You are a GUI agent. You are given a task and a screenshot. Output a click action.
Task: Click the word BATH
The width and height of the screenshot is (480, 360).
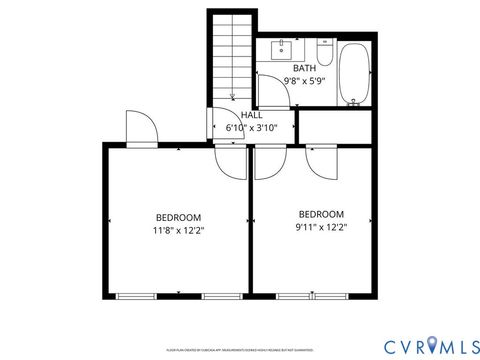tap(304, 68)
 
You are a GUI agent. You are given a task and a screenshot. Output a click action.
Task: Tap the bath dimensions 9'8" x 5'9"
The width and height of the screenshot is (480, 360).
tap(304, 81)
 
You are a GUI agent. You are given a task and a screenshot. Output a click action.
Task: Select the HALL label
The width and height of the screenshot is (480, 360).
tap(251, 115)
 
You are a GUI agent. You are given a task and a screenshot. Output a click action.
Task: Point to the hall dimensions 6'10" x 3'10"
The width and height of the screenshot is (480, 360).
tap(250, 128)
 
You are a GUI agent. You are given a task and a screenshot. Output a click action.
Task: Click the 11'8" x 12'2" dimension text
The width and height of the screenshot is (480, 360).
tap(178, 231)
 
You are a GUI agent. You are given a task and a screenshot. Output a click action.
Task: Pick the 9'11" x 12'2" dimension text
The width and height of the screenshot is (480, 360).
tap(322, 228)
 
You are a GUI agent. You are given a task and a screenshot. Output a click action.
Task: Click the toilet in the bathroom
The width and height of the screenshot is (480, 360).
tap(325, 51)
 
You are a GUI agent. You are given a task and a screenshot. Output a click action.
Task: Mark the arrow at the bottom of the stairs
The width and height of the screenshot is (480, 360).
tap(231, 96)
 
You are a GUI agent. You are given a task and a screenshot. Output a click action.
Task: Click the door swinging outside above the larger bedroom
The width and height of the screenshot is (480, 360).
tap(139, 127)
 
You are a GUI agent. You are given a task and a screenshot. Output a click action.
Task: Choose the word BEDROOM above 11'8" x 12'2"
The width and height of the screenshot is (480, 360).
tap(178, 217)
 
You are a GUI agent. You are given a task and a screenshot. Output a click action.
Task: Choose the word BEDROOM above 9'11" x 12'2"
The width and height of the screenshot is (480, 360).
tap(322, 214)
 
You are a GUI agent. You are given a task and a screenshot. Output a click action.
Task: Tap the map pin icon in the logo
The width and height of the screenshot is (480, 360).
tap(432, 345)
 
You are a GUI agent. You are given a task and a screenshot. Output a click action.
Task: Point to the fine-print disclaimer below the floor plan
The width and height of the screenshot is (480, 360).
tap(240, 350)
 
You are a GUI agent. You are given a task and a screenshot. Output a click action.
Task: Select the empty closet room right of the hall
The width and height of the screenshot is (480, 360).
tap(338, 126)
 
